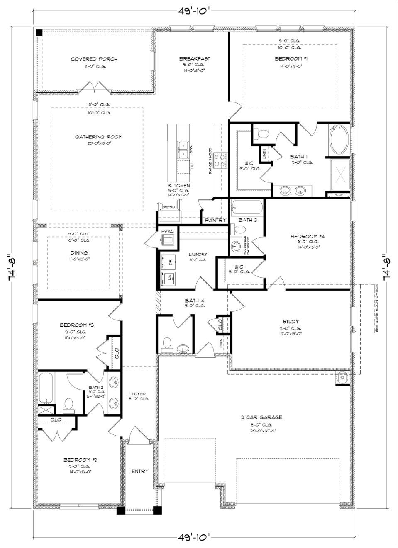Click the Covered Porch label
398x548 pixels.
tap(94, 59)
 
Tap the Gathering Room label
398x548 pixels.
tap(99, 137)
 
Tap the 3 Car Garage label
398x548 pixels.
tap(261, 417)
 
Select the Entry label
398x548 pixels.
tap(140, 471)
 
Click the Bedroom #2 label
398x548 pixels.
tap(80, 460)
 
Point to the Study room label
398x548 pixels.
tap(291, 322)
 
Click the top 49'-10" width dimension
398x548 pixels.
tap(195, 11)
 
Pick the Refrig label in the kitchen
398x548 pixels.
tap(169, 206)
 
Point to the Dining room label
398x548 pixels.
tap(78, 253)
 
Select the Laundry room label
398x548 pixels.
tap(198, 255)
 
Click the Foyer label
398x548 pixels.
tap(139, 394)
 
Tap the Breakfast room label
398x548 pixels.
tap(195, 59)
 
